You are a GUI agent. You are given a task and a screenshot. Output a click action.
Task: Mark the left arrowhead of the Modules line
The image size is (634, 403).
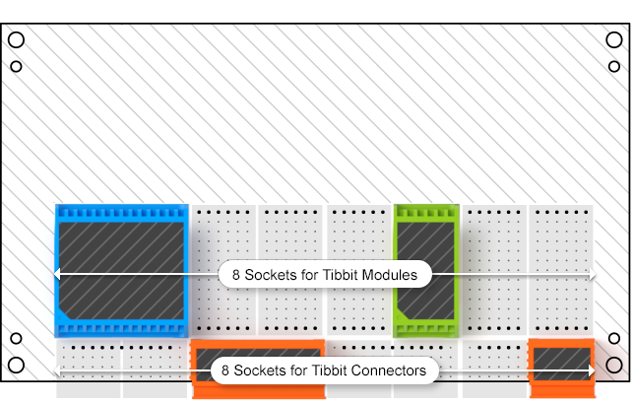click(x=58, y=273)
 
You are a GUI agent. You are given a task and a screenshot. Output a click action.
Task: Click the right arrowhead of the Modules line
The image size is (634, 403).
click(x=592, y=275)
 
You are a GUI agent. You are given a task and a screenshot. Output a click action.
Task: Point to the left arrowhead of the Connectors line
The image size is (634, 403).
click(x=58, y=370)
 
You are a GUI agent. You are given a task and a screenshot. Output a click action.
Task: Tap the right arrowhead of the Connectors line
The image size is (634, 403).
click(x=592, y=370)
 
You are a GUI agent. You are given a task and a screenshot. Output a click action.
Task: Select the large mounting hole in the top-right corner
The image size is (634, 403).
click(x=614, y=40)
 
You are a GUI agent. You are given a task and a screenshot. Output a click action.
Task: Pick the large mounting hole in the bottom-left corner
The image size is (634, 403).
click(x=17, y=365)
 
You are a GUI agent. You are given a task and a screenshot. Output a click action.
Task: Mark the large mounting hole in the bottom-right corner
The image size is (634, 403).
click(x=614, y=365)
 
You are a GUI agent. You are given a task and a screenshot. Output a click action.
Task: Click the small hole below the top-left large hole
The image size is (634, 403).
click(x=17, y=67)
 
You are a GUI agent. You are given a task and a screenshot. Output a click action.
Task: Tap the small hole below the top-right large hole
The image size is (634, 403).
click(x=614, y=67)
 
